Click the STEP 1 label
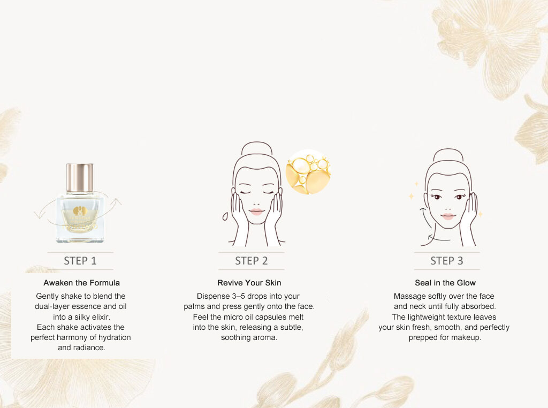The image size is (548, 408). point(80,261)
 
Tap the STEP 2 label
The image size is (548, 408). point(252,261)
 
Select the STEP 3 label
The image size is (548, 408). point(447,261)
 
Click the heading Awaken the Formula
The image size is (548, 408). point(82,283)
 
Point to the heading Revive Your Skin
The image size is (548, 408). point(249,283)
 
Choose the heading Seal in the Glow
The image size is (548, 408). point(445,283)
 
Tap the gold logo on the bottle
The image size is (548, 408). point(80,211)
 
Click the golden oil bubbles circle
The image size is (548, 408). point(308,172)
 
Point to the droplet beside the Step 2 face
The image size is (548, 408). point(225,216)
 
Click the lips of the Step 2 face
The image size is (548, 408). point(256,212)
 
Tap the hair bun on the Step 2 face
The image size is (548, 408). point(257,148)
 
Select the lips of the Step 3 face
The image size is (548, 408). point(448,216)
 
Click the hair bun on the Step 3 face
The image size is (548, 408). point(448,155)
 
